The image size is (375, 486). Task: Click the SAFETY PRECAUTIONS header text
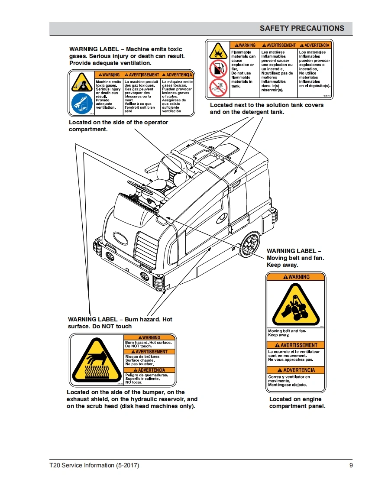(302, 29)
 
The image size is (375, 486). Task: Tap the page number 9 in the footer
(351, 466)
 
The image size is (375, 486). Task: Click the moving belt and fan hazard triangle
(296, 305)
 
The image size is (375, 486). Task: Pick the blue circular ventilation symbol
(82, 104)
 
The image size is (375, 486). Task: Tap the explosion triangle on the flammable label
(218, 51)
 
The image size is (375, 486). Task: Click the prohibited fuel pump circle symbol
(218, 68)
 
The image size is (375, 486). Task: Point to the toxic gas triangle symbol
(82, 82)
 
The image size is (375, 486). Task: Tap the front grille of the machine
(147, 252)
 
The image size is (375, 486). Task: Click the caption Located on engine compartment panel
(297, 402)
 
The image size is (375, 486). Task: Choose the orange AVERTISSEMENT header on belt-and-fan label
(296, 345)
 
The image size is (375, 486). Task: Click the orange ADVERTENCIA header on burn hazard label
(149, 370)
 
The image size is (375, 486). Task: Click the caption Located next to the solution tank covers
(266, 108)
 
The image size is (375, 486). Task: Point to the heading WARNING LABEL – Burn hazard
(120, 323)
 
